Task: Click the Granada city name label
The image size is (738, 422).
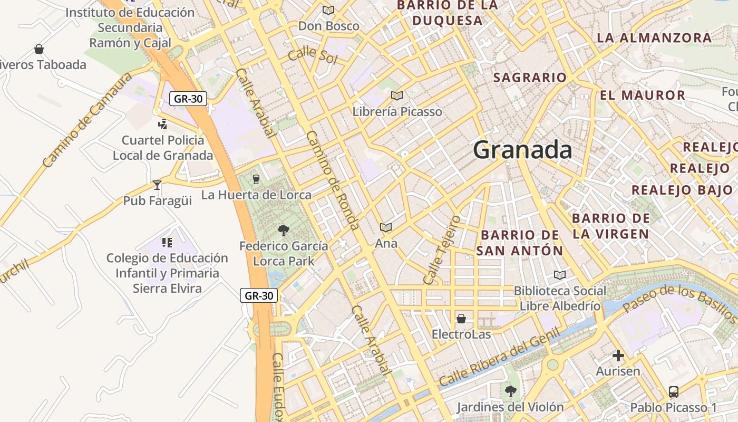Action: pyautogui.click(x=522, y=150)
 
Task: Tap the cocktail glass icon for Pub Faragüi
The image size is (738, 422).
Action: pyautogui.click(x=157, y=185)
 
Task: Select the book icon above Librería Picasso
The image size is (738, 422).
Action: pyautogui.click(x=396, y=95)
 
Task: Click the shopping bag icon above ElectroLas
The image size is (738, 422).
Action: pyautogui.click(x=461, y=319)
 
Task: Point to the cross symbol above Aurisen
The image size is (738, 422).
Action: pyautogui.click(x=618, y=356)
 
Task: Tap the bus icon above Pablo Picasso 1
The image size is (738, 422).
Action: pyautogui.click(x=673, y=392)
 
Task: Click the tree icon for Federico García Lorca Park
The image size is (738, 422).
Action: pyautogui.click(x=283, y=230)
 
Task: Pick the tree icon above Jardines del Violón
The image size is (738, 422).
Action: pyautogui.click(x=510, y=391)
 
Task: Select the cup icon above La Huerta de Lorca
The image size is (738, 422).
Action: pyautogui.click(x=256, y=179)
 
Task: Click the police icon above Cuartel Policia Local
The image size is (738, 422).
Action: pyautogui.click(x=162, y=124)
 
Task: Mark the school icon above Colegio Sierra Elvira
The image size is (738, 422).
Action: pyautogui.click(x=167, y=243)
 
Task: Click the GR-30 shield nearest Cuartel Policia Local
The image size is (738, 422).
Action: pyautogui.click(x=188, y=99)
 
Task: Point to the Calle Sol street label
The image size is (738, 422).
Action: pyautogui.click(x=312, y=55)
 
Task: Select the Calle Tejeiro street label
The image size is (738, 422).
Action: pyautogui.click(x=441, y=249)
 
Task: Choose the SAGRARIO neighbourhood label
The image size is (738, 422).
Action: pyautogui.click(x=530, y=78)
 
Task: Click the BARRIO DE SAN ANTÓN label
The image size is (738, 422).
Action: pyautogui.click(x=520, y=243)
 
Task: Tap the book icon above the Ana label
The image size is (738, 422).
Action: pyautogui.click(x=386, y=227)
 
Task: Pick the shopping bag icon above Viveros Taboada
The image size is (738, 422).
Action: pyautogui.click(x=38, y=49)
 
